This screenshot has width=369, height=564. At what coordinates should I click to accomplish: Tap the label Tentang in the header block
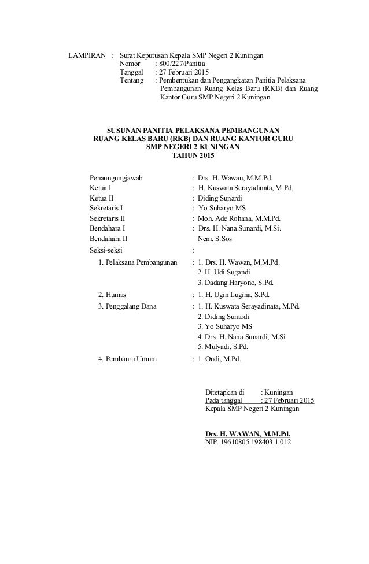tap(131, 80)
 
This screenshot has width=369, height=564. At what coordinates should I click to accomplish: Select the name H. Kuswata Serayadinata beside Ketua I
tap(246, 188)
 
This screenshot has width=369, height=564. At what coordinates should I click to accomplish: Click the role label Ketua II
tap(102, 198)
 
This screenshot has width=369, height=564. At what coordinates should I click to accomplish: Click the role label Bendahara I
tap(108, 229)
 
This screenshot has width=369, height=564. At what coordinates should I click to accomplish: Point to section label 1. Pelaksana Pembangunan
tap(137, 262)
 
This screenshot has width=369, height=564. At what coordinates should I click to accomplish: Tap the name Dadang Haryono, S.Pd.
tap(235, 283)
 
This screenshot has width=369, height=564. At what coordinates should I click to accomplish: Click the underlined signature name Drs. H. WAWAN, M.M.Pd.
tap(248, 433)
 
